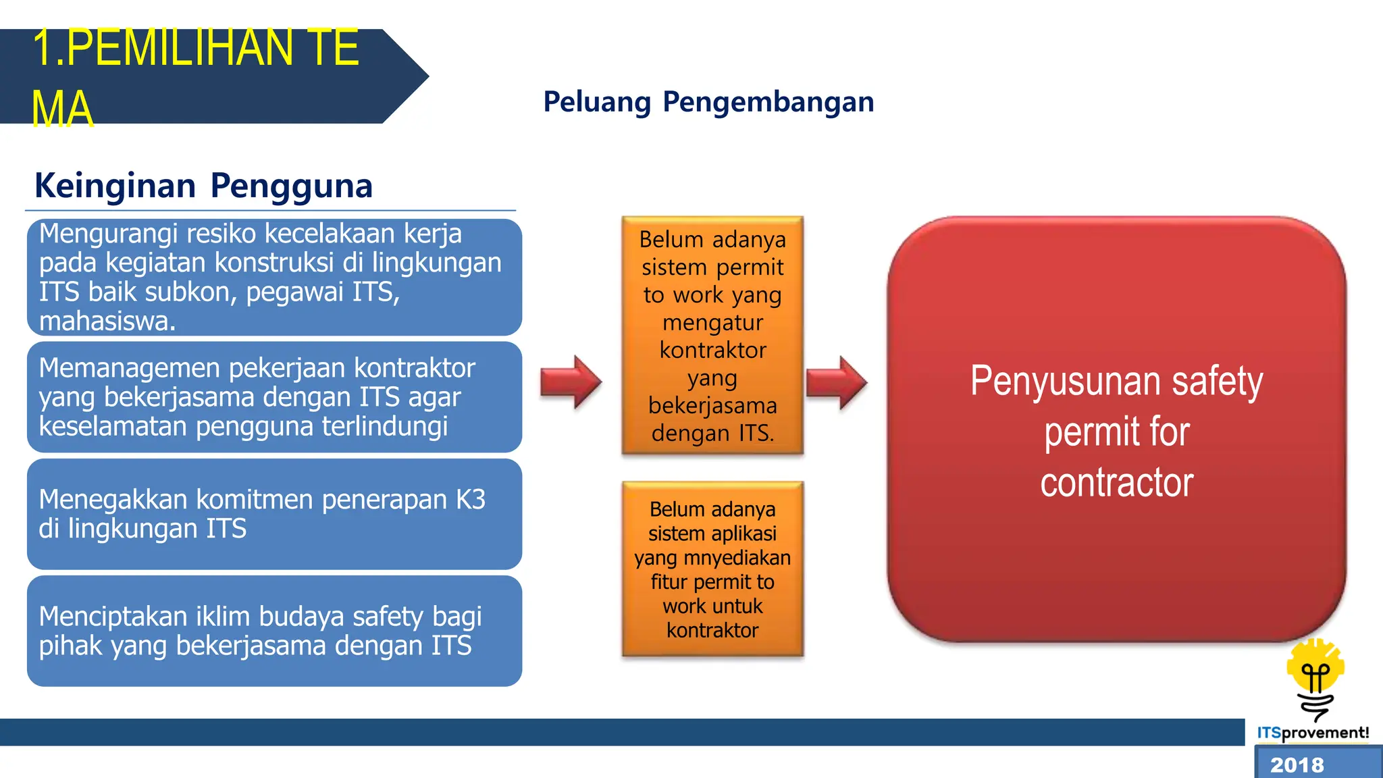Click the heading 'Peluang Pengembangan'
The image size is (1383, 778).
pyautogui.click(x=708, y=102)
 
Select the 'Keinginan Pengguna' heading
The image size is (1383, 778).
pyautogui.click(x=203, y=186)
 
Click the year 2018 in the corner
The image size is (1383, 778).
pyautogui.click(x=1297, y=765)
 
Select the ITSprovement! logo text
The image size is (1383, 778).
pyautogui.click(x=1313, y=733)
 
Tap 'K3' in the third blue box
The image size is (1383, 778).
pyautogui.click(x=470, y=500)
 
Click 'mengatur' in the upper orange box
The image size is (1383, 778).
pyautogui.click(x=712, y=323)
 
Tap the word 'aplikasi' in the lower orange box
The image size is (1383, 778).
pyautogui.click(x=745, y=534)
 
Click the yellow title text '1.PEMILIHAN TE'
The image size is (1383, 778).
pyautogui.click(x=195, y=49)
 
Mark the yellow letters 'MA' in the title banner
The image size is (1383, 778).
pyautogui.click(x=62, y=109)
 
